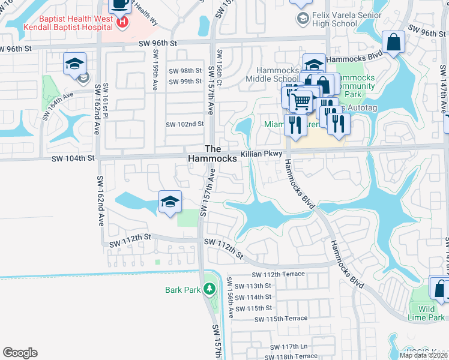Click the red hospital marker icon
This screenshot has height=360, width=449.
(123, 22)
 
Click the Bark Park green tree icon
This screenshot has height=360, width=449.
(209, 290)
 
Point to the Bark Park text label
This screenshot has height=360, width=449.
(183, 290)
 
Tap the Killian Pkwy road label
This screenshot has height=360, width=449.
(261, 154)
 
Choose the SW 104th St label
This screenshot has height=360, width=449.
(73, 158)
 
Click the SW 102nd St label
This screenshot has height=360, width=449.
(185, 124)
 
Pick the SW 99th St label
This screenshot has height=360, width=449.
(185, 82)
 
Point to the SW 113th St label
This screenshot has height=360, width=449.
(250, 286)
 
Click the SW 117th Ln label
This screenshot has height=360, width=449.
(288, 347)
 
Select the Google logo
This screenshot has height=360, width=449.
(20, 353)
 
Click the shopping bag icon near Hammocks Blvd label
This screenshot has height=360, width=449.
(394, 43)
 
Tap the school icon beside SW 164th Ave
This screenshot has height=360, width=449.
(74, 64)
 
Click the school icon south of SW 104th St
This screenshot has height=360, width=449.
(170, 202)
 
